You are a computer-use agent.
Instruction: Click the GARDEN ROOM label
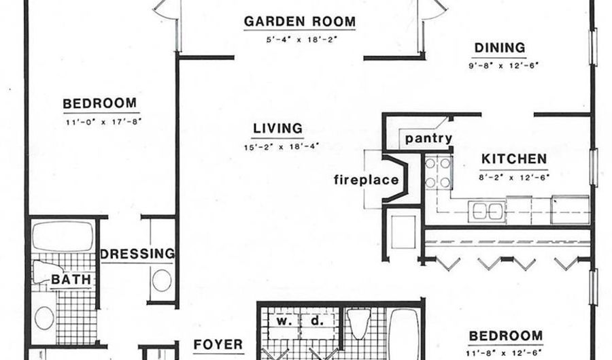click(x=300, y=21)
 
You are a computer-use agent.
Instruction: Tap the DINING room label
click(x=500, y=48)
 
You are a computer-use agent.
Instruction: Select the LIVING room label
click(x=277, y=128)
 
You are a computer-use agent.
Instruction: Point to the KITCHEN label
click(x=514, y=159)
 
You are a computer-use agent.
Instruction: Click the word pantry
click(x=428, y=138)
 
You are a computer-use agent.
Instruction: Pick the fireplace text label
click(x=366, y=180)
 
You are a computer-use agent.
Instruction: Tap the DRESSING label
click(x=138, y=254)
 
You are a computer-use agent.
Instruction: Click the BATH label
click(x=71, y=280)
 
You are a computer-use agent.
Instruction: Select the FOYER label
click(x=218, y=344)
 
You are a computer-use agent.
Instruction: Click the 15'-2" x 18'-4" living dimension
click(x=282, y=147)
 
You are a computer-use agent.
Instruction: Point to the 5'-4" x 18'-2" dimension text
click(x=301, y=39)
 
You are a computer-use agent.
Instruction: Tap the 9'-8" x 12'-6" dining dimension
click(x=503, y=65)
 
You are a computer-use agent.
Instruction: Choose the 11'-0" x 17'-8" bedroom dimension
click(x=103, y=122)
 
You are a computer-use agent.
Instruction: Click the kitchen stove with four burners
click(x=437, y=171)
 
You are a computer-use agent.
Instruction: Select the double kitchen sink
click(x=487, y=211)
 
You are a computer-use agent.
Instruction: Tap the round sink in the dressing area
click(x=162, y=280)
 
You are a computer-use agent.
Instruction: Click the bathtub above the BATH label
click(x=63, y=236)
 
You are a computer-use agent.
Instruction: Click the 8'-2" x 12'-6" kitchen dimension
click(x=514, y=177)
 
